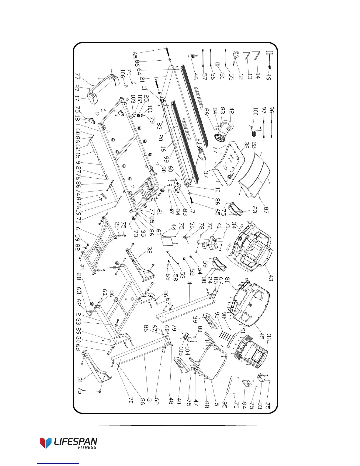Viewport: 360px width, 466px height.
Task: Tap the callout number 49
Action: pyautogui.click(x=268, y=77)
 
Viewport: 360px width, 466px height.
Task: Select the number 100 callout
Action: pyautogui.click(x=255, y=111)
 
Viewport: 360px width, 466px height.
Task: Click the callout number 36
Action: pyautogui.click(x=268, y=337)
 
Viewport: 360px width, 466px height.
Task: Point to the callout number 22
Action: pyautogui.click(x=254, y=145)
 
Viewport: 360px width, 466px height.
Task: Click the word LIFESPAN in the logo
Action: pyautogui.click(x=76, y=442)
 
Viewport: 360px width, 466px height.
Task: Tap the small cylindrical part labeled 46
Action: pyautogui.click(x=193, y=56)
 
